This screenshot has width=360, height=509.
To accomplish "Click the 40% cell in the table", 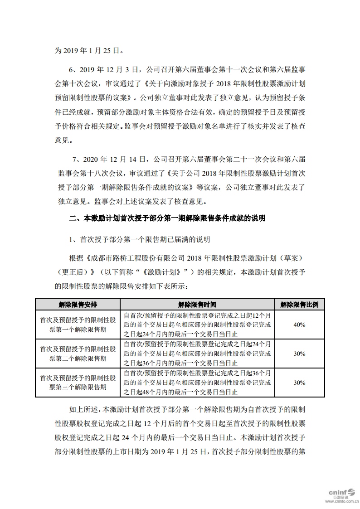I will (299, 325).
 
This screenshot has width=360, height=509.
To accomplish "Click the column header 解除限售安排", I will (78, 305).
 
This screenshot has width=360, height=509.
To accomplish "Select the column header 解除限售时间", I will (197, 305).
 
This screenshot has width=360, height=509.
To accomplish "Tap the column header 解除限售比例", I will (299, 305).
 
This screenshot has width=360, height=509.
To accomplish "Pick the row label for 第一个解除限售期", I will (78, 325).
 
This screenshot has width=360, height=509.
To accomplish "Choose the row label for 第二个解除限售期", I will (78, 354).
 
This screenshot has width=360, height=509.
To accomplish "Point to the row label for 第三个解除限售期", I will (78, 382).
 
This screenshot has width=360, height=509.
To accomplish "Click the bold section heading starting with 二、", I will (167, 218).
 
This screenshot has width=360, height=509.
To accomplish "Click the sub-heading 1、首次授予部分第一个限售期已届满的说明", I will (139, 238).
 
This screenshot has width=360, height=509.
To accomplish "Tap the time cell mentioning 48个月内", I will (197, 382).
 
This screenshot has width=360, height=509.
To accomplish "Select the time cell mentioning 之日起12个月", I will (197, 325).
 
